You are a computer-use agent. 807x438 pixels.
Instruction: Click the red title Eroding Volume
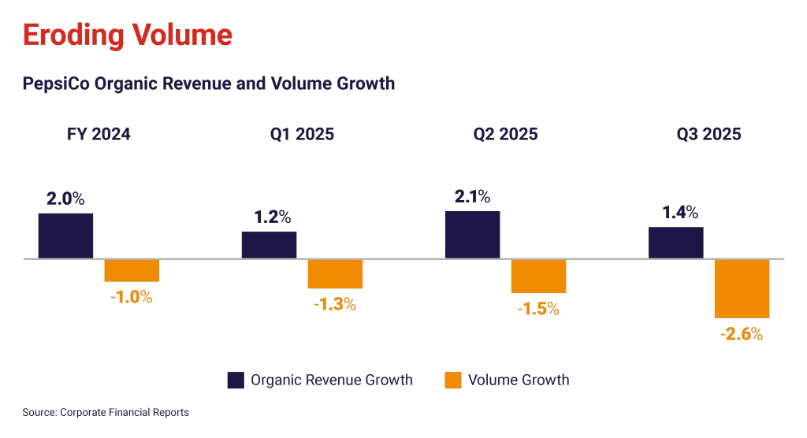[x=127, y=35]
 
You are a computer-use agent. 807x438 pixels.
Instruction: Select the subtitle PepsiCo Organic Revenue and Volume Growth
[x=208, y=83]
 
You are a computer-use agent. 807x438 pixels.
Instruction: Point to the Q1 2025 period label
[x=301, y=135]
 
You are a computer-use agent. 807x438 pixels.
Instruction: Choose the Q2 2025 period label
[x=505, y=135]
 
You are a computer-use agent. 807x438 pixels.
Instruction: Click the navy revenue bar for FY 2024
[x=65, y=235]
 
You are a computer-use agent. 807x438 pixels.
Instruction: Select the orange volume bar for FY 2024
[x=132, y=271]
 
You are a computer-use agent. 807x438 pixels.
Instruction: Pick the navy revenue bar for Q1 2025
[x=269, y=244]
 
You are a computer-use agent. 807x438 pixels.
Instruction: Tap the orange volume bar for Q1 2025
[x=336, y=274]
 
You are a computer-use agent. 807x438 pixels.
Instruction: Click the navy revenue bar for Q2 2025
[x=472, y=234]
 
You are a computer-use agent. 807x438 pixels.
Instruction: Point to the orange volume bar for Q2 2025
[x=539, y=277]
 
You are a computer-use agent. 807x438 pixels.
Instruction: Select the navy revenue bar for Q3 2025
[x=675, y=242]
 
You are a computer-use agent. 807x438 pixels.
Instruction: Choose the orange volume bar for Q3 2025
[x=742, y=289]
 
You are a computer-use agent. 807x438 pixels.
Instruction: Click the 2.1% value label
[x=472, y=196]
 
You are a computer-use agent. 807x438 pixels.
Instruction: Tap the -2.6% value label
[x=742, y=334]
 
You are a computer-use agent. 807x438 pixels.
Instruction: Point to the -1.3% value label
[x=335, y=304]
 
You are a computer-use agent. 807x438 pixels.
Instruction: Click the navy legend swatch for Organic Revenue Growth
[x=235, y=380]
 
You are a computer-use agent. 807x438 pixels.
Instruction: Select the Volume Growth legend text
[x=518, y=380]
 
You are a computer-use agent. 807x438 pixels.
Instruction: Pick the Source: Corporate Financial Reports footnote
[x=106, y=412]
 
